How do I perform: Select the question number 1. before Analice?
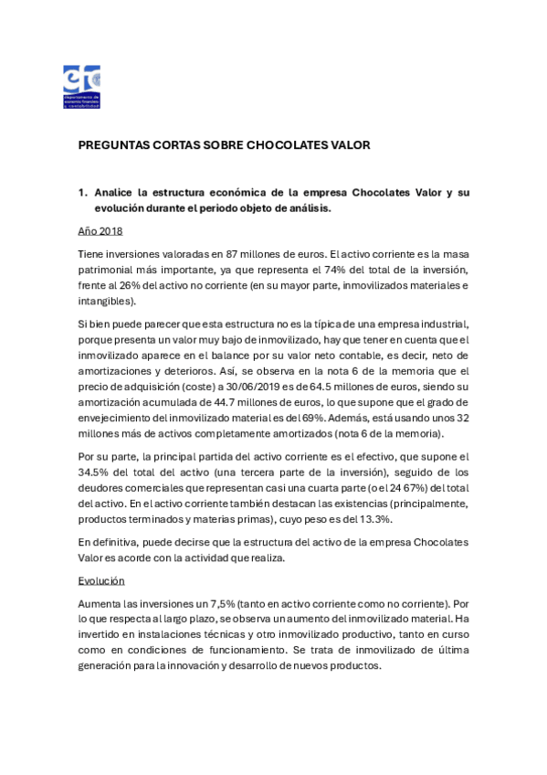point(82,192)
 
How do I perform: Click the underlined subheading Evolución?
point(100,580)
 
